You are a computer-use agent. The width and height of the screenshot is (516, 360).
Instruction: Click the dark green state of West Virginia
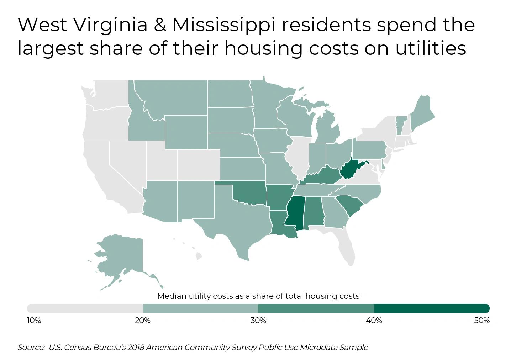[350, 170]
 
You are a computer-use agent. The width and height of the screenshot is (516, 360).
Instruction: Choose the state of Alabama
[313, 212]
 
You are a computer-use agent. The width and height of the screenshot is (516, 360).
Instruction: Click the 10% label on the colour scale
[34, 321]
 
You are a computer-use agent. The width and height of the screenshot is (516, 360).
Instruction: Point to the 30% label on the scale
[258, 321]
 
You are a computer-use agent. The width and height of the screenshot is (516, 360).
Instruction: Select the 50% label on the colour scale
[482, 321]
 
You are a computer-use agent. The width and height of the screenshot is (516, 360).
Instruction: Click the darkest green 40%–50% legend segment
[432, 308]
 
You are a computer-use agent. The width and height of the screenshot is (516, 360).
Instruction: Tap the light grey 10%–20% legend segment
[85, 308]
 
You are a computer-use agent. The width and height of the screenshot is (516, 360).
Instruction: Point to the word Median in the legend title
[172, 296]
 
